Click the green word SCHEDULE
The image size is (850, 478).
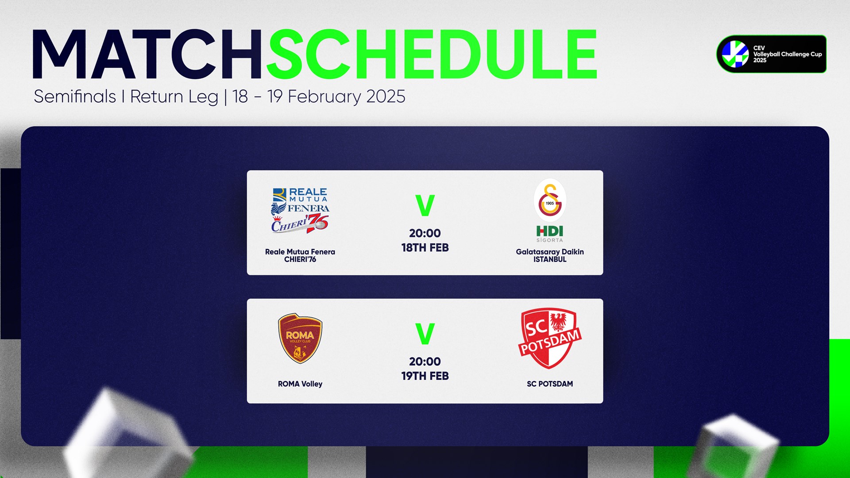(x=432, y=55)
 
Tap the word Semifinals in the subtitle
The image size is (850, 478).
(x=75, y=96)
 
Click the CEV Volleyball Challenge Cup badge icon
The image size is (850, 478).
(x=735, y=54)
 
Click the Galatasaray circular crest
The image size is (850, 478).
(x=550, y=200)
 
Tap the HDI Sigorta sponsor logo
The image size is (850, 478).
(x=550, y=234)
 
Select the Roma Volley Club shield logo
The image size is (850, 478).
(x=300, y=339)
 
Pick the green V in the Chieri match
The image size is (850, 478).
(x=425, y=205)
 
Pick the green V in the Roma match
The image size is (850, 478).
(x=425, y=334)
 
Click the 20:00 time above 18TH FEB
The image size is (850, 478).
(x=425, y=233)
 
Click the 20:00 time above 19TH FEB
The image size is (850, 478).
(x=425, y=362)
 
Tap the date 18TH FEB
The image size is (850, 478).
(x=425, y=248)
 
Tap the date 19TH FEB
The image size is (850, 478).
(x=425, y=376)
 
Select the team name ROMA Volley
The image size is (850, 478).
(x=300, y=384)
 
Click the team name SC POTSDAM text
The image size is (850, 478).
(x=550, y=384)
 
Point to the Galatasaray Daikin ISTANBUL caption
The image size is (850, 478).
(x=550, y=255)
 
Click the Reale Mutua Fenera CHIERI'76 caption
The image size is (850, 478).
(x=300, y=255)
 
